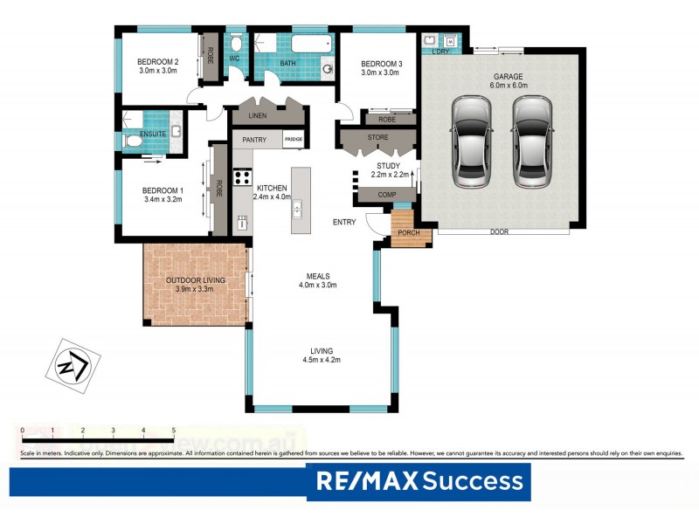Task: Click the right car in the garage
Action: (x=532, y=141)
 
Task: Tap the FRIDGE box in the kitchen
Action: (x=294, y=139)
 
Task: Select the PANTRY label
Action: (x=254, y=139)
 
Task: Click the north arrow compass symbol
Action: (x=72, y=363)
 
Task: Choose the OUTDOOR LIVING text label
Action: (x=196, y=279)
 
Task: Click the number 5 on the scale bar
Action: (x=174, y=431)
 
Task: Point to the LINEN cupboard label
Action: (x=257, y=116)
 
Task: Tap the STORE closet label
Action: (x=377, y=136)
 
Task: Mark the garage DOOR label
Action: (x=499, y=231)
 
